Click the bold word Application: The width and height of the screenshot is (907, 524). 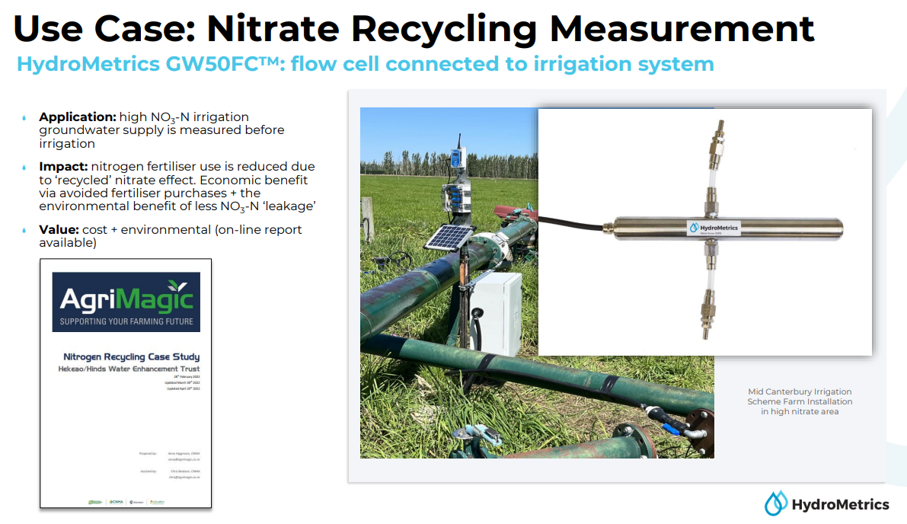[x=78, y=117]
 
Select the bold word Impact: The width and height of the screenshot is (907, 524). [x=64, y=166]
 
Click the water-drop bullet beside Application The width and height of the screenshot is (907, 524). [x=24, y=118]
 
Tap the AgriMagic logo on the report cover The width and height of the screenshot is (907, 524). [x=126, y=302]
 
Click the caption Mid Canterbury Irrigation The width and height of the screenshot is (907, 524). [x=800, y=391]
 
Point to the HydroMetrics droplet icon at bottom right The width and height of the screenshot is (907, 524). [x=775, y=503]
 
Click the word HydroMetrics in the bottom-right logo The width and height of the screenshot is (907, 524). [x=840, y=504]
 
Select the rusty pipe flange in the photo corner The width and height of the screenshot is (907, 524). [x=699, y=427]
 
